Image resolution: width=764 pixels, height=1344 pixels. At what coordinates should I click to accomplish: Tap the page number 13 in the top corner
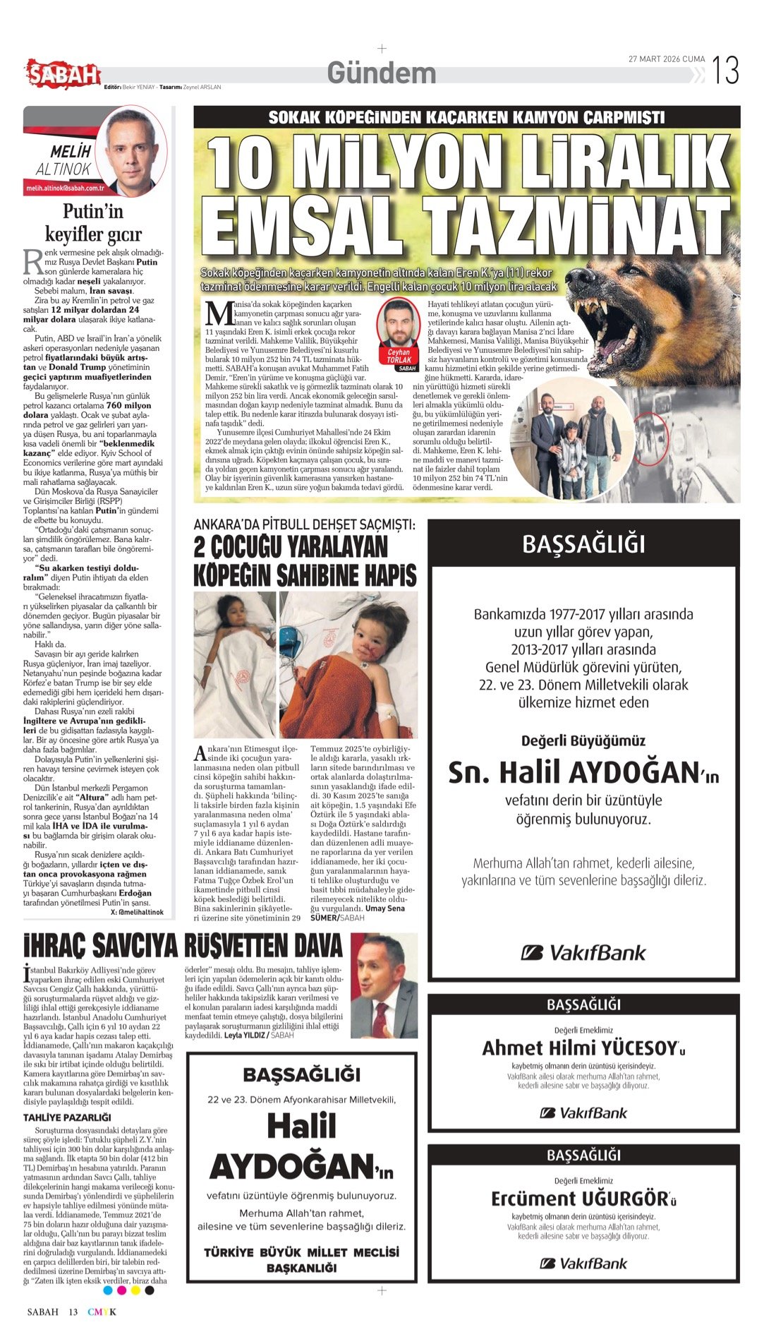(x=725, y=71)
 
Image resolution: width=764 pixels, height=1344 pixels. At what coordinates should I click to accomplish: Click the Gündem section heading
(x=382, y=73)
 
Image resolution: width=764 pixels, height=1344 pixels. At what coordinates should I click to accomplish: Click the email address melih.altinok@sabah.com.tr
(x=65, y=188)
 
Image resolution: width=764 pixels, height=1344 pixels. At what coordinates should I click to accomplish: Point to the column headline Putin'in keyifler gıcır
(x=93, y=222)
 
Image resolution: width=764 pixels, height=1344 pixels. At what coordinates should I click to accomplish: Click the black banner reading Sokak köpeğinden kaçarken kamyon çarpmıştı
(x=466, y=117)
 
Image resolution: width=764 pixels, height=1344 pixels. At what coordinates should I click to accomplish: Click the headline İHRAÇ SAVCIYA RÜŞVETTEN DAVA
(x=183, y=946)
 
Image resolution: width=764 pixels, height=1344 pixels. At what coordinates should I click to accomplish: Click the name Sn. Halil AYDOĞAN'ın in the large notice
(x=583, y=773)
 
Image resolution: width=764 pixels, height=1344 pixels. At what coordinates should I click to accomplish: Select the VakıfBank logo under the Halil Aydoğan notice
(x=583, y=953)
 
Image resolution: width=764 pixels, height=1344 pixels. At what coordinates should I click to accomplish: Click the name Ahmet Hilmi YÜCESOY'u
(x=583, y=1048)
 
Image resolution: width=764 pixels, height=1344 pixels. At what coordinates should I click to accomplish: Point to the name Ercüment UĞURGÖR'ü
(x=583, y=1199)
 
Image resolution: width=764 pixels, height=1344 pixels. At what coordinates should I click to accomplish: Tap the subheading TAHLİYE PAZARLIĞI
(x=67, y=1117)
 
